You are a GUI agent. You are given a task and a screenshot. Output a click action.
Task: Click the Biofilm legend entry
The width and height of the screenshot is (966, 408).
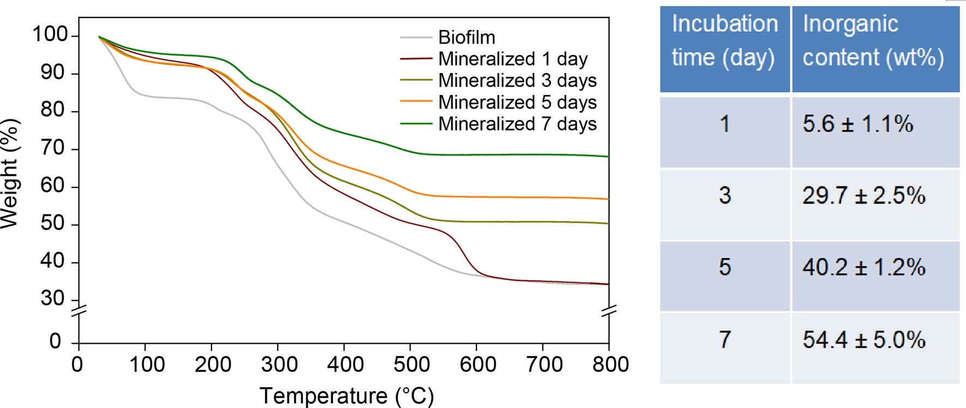tap(467, 38)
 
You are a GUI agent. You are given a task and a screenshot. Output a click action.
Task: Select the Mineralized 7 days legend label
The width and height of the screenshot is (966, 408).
tap(517, 124)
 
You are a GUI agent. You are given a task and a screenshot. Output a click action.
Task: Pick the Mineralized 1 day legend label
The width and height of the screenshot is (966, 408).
tap(512, 59)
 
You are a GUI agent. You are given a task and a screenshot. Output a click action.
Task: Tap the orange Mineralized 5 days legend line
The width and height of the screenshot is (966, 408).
tap(416, 102)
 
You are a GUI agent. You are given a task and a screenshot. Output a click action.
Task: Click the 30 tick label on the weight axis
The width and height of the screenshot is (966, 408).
tap(52, 298)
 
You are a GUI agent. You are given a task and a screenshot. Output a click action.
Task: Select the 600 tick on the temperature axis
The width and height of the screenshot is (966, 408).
tap(477, 364)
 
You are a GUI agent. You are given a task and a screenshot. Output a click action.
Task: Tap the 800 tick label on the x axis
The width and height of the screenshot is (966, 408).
tap(610, 364)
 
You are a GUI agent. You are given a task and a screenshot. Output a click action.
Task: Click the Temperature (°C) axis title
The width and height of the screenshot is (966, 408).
tap(347, 395)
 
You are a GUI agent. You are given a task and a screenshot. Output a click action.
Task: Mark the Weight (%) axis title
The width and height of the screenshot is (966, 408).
tap(10, 173)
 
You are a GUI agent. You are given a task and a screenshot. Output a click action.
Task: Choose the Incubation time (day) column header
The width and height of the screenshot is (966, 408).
tap(724, 41)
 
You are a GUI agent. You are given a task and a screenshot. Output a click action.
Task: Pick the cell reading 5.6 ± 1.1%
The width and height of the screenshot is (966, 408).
tap(857, 124)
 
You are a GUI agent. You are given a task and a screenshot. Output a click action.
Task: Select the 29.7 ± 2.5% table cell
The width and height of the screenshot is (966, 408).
tap(864, 196)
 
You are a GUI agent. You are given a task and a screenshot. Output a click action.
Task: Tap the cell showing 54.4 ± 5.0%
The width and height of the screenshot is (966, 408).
tap(864, 340)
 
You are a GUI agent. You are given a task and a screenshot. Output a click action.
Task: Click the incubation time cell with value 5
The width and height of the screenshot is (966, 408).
tap(724, 267)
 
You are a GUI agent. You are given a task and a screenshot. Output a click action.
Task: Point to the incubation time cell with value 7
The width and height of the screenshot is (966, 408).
tap(724, 340)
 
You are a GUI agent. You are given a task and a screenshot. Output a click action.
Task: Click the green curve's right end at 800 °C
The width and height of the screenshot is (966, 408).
tap(607, 157)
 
